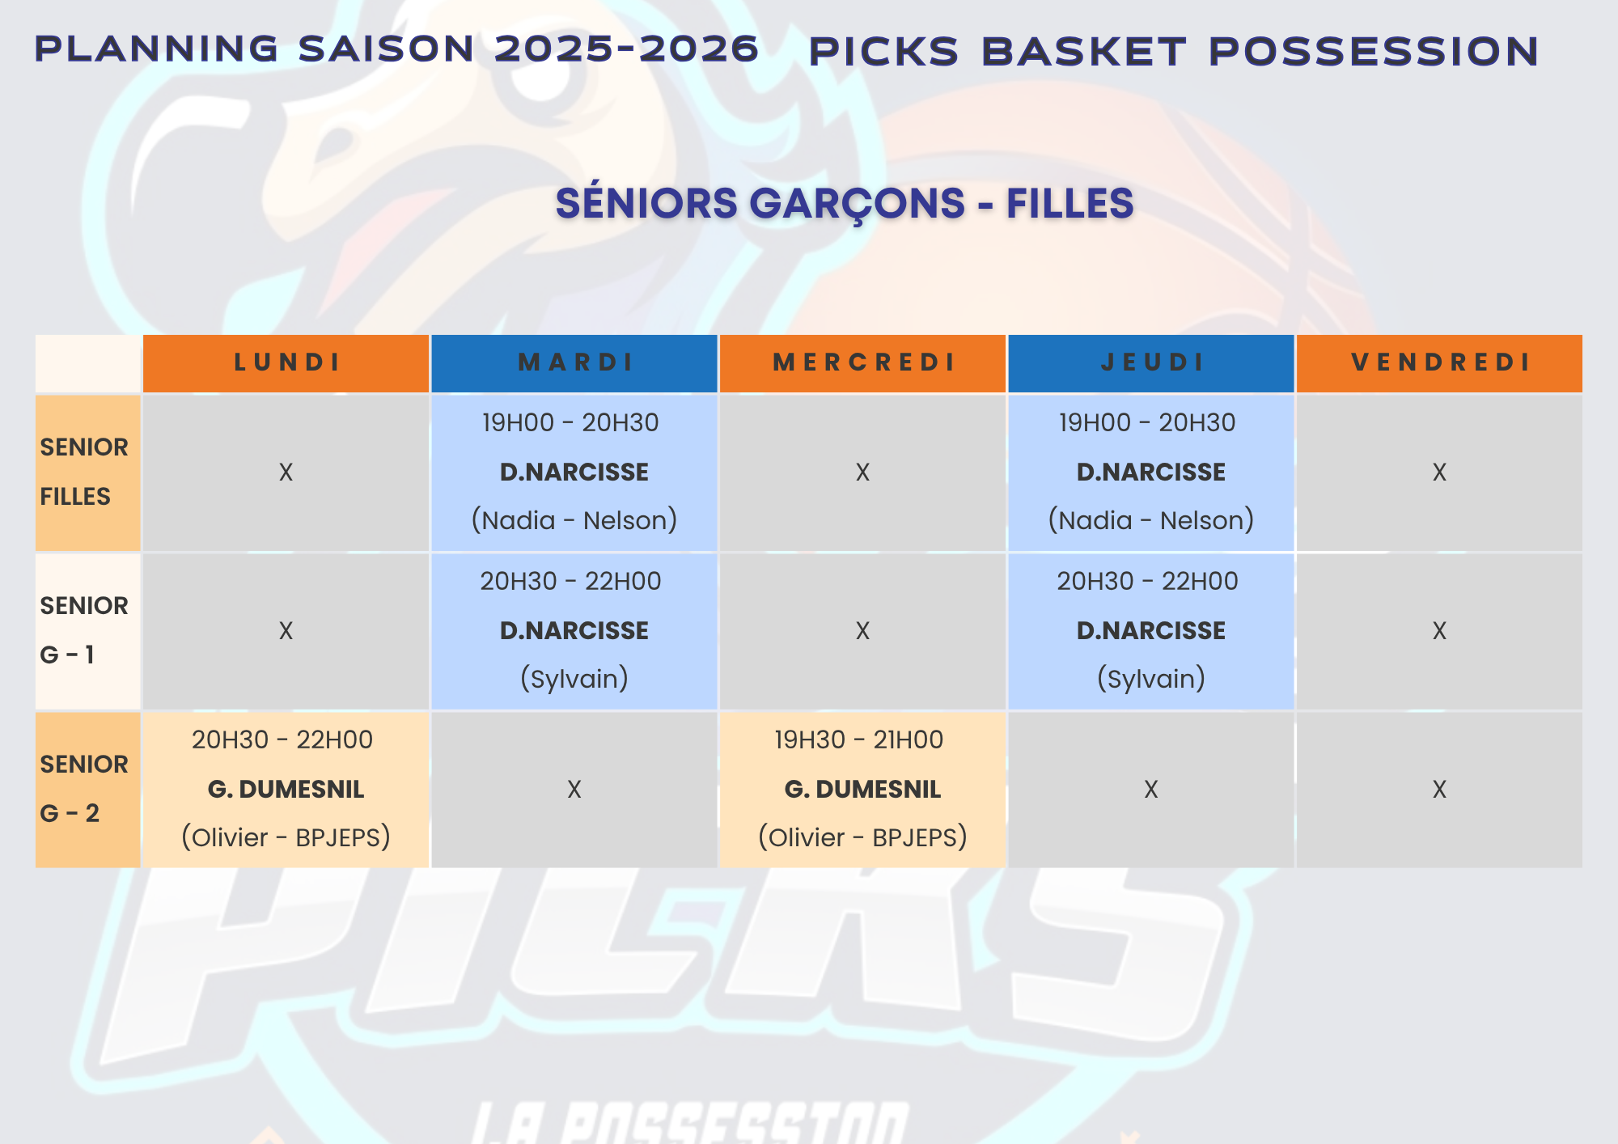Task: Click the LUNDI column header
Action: click(x=286, y=362)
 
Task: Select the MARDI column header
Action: click(x=574, y=362)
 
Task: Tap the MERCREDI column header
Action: click(x=863, y=362)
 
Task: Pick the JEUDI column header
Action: click(x=1152, y=362)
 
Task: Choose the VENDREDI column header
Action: click(x=1440, y=362)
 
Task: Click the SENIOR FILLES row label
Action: click(x=84, y=472)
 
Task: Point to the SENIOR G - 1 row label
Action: click(x=84, y=630)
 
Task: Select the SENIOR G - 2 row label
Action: click(x=84, y=789)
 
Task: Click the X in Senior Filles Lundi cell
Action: click(x=286, y=472)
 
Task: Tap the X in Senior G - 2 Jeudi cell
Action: click(x=1151, y=790)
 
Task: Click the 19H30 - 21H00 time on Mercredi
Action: click(x=859, y=739)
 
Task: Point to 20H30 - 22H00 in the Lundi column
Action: click(x=282, y=739)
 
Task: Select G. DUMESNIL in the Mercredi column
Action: click(x=863, y=789)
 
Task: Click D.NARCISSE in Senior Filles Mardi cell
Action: click(x=574, y=472)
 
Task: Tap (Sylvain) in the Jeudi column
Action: click(x=1151, y=679)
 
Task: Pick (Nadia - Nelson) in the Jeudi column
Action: click(x=1151, y=520)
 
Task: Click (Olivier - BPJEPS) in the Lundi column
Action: click(x=286, y=837)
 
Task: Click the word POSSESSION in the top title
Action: click(x=1374, y=52)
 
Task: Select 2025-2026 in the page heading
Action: click(x=627, y=49)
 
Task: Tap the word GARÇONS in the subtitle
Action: click(x=858, y=203)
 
